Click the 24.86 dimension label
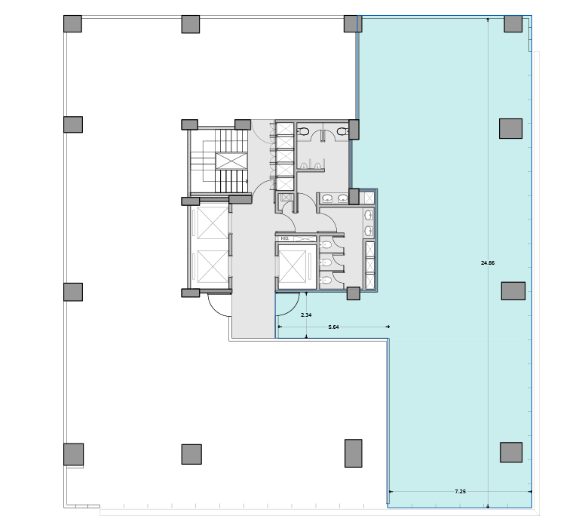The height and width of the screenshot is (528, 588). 487,263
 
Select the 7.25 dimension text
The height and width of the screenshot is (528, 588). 460,491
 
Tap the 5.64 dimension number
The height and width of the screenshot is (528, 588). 333,327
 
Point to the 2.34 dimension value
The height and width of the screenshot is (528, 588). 305,314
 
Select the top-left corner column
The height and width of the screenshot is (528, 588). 72,23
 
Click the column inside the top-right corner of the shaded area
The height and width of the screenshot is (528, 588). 513,23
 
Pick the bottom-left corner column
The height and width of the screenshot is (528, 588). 73,454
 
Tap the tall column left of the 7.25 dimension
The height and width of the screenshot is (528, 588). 353,453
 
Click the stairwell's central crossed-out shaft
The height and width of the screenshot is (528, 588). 231,161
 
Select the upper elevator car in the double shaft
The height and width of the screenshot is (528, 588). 212,223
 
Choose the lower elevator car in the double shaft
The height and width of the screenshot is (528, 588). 212,266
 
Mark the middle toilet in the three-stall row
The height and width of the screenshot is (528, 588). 326,262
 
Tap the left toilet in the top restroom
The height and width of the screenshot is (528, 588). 303,131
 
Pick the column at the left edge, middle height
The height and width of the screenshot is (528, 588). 72,292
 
